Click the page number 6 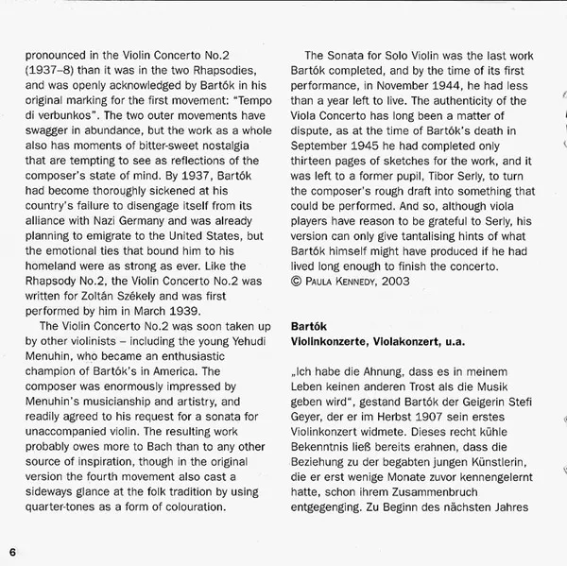12,552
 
